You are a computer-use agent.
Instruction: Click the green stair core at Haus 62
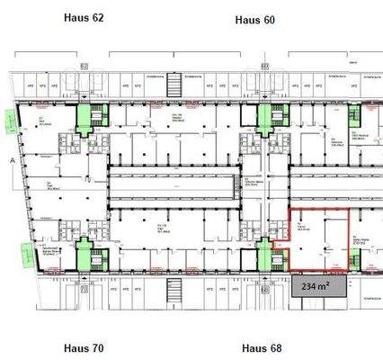coord(90,119)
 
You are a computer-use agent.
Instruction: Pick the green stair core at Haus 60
coord(267,120)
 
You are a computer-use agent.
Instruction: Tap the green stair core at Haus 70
coord(87,255)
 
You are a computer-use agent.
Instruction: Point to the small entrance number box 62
coord(84,66)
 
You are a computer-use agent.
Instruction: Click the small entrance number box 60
coord(264,66)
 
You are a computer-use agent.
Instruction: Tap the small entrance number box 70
coord(84,291)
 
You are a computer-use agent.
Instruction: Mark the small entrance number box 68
coord(264,291)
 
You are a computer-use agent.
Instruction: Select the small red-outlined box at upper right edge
coord(368,117)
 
